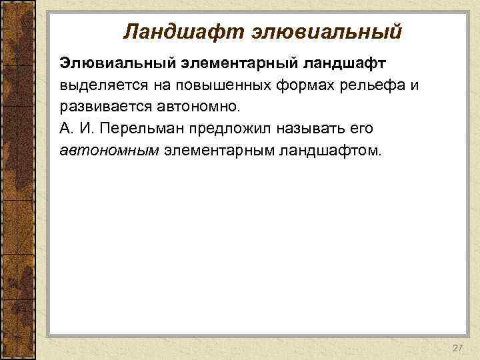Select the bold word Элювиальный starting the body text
[114, 62]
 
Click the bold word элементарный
[235, 62]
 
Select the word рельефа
[366, 85]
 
